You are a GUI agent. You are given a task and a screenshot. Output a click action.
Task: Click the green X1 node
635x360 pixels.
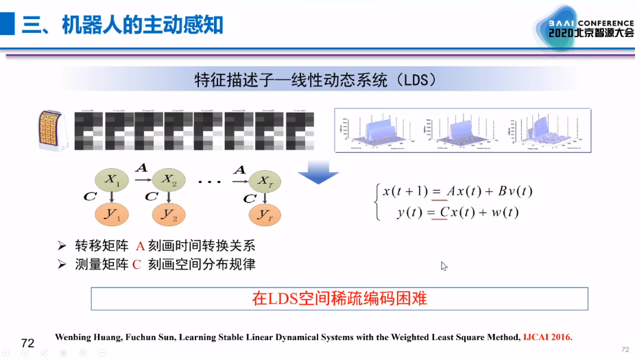tap(112, 180)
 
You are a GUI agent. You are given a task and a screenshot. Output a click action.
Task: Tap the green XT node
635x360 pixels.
tap(263, 180)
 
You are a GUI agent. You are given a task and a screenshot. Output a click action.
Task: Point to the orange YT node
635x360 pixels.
tap(263, 215)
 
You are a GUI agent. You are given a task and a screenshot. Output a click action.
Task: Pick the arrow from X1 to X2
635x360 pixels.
tap(141, 179)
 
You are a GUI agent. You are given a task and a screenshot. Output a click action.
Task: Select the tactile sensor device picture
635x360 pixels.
tap(53, 130)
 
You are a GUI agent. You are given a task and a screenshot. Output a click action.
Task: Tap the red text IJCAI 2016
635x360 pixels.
tap(547, 337)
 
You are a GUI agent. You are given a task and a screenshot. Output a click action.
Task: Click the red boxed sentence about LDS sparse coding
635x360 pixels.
tap(339, 299)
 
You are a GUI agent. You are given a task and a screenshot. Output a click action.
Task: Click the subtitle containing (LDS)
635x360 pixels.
tap(316, 80)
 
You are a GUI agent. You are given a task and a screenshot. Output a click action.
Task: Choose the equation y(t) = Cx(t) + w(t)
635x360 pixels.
tap(457, 213)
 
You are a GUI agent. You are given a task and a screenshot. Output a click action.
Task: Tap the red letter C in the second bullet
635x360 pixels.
tap(136, 264)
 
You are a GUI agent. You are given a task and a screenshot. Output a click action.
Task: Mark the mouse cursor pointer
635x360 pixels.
tap(444, 265)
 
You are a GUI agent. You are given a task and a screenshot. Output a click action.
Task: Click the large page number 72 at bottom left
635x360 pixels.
tap(28, 343)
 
